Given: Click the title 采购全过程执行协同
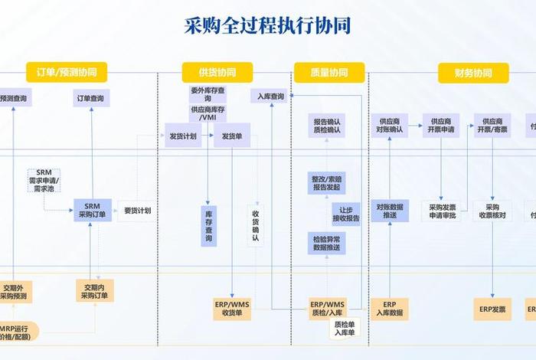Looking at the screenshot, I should point(268,26).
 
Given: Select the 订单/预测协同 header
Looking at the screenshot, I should point(67,73).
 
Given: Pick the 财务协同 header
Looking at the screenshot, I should point(473,73).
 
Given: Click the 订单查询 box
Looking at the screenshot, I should point(91,98).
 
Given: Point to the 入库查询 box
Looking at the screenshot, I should point(270,97).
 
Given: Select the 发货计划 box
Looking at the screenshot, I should point(181,136).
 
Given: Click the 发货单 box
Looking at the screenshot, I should point(232,136).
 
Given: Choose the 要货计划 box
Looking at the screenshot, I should point(137,211).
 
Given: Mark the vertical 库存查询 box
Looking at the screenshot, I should point(208,226).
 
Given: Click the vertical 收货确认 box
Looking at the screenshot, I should point(256,226).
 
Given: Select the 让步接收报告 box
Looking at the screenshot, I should point(345,213).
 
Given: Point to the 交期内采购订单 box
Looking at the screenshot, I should point(94,290).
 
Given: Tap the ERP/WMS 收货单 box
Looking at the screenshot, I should point(233,309).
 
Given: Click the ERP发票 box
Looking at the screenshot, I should point(493,309).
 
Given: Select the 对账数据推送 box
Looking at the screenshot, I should point(390,211).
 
